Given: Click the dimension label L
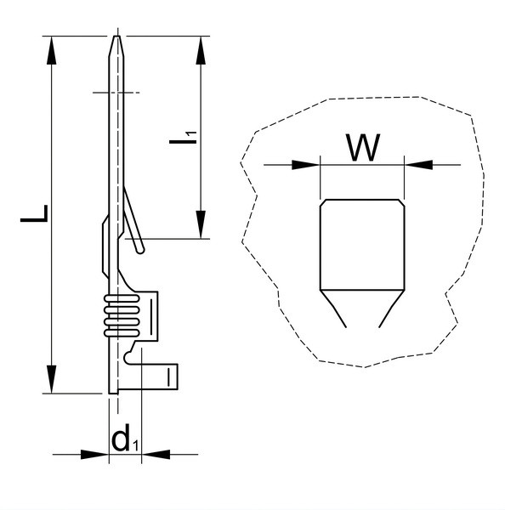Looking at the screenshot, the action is click(x=34, y=213).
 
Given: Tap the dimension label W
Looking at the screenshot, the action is click(x=363, y=147).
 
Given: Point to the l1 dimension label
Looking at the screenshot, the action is click(x=183, y=138).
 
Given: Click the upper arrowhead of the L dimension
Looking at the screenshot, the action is click(x=51, y=50).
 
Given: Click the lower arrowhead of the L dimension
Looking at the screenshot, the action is click(x=51, y=379).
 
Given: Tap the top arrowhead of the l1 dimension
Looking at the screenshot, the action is click(x=201, y=50).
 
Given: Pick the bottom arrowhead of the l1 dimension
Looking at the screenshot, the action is click(x=201, y=224).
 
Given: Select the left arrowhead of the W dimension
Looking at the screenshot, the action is click(x=306, y=165).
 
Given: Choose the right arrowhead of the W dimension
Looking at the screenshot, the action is click(x=418, y=165).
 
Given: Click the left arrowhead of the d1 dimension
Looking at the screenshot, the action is click(x=94, y=455).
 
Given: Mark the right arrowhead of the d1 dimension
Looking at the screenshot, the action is click(x=156, y=455).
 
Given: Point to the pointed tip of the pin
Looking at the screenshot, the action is click(x=116, y=36).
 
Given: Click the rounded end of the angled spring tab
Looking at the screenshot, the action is click(x=140, y=250).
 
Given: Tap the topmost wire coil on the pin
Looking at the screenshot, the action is click(x=122, y=298).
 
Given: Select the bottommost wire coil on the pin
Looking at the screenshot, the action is click(x=122, y=333).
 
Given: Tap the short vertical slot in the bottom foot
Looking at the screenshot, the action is click(x=169, y=377).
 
